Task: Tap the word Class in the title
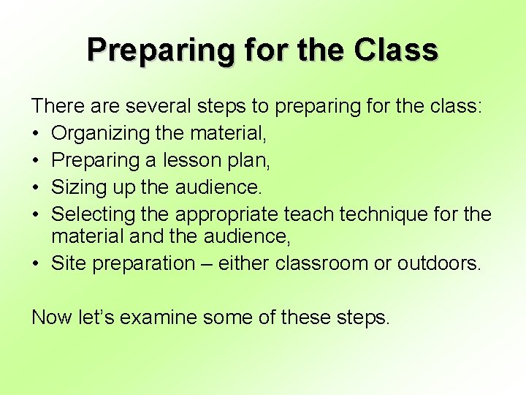[x=396, y=50]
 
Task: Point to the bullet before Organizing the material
[x=37, y=134]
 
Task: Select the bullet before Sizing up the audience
[x=37, y=188]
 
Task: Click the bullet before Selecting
[x=37, y=215]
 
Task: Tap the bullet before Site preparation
[x=37, y=264]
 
